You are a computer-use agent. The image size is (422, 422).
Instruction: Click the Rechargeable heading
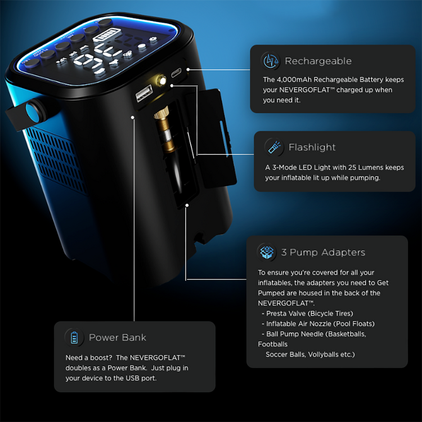click(318, 61)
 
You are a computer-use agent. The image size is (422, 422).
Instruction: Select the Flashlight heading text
click(312, 147)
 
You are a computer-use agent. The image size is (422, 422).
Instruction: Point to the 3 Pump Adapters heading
click(323, 252)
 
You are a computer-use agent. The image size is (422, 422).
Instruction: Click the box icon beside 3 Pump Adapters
click(266, 252)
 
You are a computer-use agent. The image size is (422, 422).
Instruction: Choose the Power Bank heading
click(117, 338)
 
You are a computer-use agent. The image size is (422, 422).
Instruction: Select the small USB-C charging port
click(177, 74)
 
